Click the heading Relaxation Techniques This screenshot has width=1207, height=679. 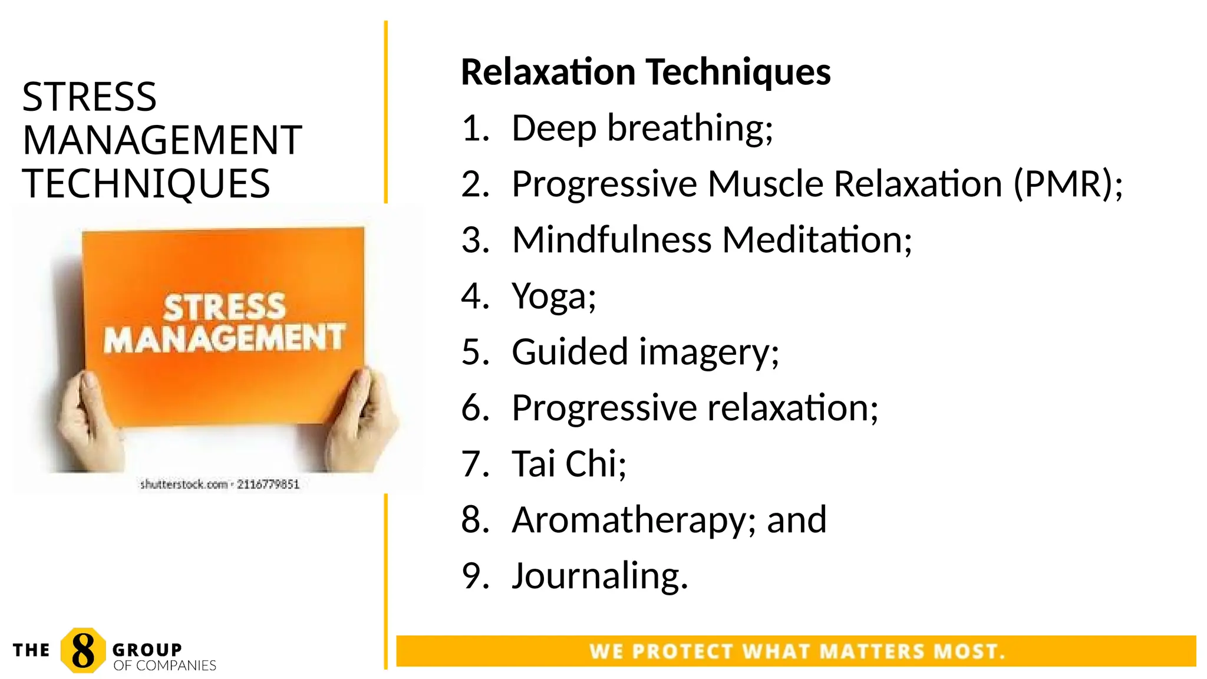[645, 72]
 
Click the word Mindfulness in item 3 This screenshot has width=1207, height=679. [612, 240]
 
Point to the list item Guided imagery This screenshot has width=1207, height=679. [645, 352]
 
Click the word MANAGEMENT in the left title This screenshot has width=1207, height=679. [162, 140]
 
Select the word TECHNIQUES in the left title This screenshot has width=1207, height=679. [146, 183]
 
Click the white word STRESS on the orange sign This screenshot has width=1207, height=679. [224, 307]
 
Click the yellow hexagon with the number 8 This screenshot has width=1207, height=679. [83, 651]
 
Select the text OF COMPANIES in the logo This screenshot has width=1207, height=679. [164, 665]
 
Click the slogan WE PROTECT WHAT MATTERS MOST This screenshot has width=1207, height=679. [797, 651]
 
